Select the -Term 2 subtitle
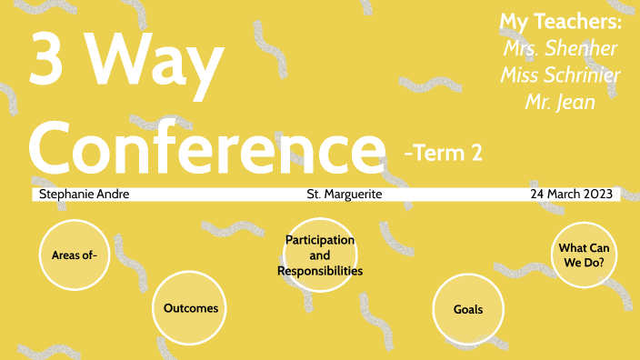pyautogui.click(x=443, y=154)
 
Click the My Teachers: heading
pyautogui.click(x=561, y=22)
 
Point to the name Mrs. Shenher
pyautogui.click(x=560, y=48)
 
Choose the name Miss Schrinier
pyautogui.click(x=560, y=75)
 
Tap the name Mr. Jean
pyautogui.click(x=560, y=101)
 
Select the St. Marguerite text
pyautogui.click(x=344, y=195)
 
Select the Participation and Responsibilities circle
pyautogui.click(x=320, y=255)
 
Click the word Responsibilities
pyautogui.click(x=320, y=271)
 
